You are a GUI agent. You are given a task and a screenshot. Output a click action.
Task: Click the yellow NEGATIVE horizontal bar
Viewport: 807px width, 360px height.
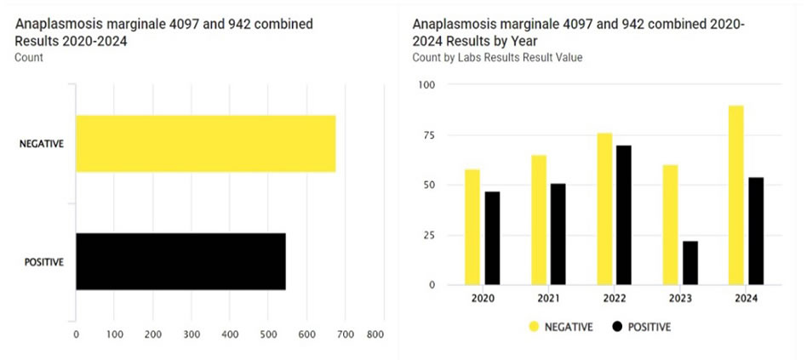click(205, 144)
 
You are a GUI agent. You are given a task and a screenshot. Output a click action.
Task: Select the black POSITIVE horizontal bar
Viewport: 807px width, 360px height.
click(180, 261)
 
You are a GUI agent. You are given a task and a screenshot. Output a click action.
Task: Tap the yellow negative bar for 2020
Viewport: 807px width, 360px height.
click(472, 226)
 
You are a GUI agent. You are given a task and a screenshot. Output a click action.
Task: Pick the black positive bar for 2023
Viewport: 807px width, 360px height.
click(690, 263)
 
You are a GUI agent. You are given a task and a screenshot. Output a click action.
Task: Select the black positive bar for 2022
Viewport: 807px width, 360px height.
click(623, 214)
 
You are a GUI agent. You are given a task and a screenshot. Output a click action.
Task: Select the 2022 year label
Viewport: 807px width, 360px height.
click(615, 299)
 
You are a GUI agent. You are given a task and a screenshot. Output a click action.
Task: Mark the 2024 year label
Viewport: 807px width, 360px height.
click(746, 299)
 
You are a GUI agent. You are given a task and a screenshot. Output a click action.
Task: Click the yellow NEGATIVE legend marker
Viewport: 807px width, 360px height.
click(534, 326)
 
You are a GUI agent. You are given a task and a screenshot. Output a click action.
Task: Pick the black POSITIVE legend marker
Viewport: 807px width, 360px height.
click(617, 326)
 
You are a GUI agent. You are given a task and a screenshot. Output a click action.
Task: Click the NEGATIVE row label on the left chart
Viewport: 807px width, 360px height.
click(42, 145)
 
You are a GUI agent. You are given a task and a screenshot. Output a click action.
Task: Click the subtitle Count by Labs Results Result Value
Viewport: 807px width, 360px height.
click(496, 57)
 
